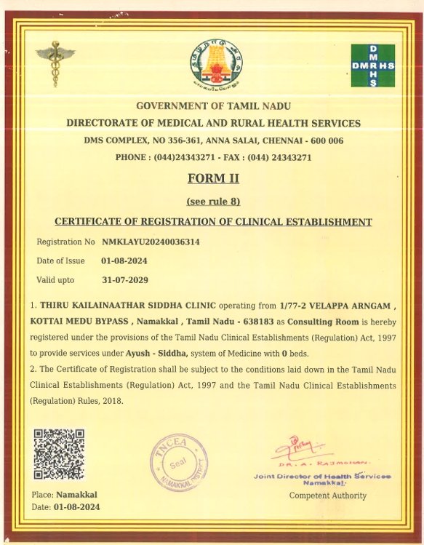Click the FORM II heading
(213, 178)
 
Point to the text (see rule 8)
(213, 201)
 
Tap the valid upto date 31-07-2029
(125, 279)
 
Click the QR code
(59, 454)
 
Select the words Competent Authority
(328, 496)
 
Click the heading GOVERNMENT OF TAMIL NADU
(213, 106)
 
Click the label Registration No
(65, 241)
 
